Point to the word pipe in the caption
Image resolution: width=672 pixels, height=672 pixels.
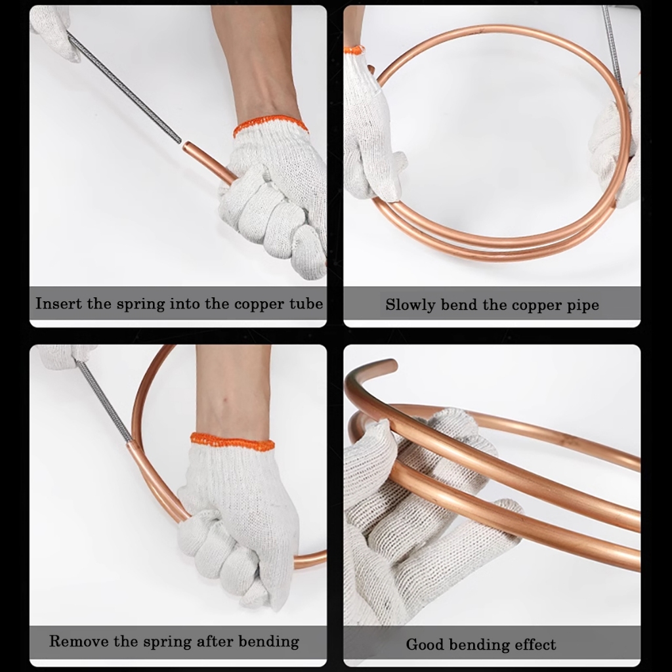pos(583,306)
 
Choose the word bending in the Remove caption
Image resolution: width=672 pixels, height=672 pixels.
pos(268,642)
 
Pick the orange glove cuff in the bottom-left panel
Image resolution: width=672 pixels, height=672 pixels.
pos(232,442)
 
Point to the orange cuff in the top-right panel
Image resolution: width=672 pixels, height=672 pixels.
pos(354,50)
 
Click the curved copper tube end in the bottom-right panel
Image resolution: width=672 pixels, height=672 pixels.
pos(388,366)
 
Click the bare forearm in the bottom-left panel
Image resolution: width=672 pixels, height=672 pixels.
pos(234,390)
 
